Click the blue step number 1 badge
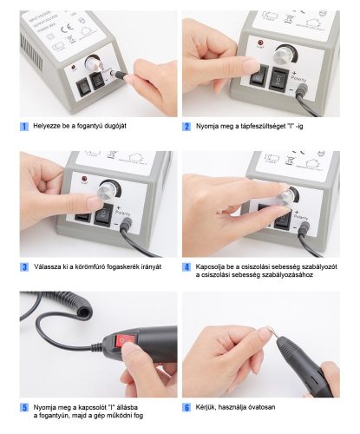[x=24, y=127]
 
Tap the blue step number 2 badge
[x=187, y=127]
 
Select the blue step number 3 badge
[x=24, y=266]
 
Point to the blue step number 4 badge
[x=187, y=266]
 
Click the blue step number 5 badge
[x=24, y=407]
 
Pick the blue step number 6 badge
[x=187, y=407]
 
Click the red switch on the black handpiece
[x=122, y=340]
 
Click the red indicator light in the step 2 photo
[x=260, y=43]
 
